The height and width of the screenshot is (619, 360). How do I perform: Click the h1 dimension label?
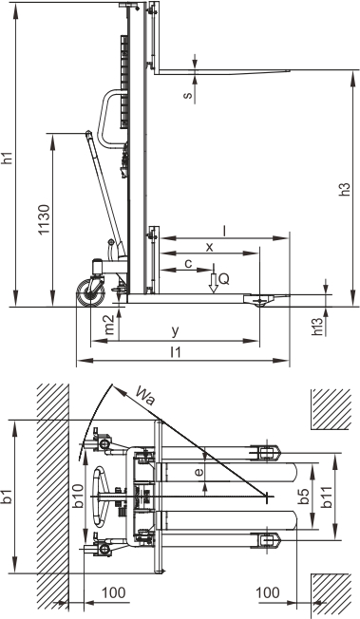coord(9,158)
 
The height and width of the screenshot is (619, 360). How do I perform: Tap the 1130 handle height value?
coord(45,219)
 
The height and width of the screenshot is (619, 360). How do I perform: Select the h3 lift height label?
coord(345,190)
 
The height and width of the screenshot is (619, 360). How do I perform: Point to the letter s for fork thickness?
coord(188,95)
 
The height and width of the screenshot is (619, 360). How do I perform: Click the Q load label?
coord(223,280)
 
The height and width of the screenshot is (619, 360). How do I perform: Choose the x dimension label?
coord(209,248)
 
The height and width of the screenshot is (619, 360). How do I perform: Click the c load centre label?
coord(188,263)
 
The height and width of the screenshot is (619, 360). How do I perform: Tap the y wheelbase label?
coord(175,331)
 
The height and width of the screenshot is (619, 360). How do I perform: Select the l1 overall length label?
coord(176,352)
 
